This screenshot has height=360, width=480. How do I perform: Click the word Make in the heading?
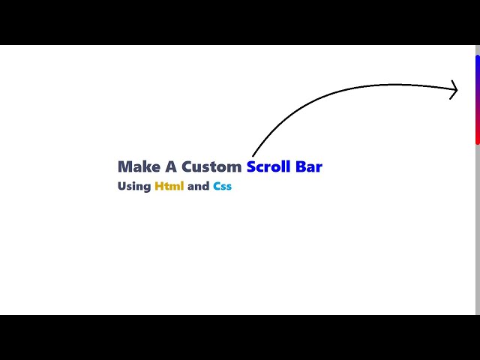(x=135, y=166)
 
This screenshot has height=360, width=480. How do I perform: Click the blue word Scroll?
(x=268, y=166)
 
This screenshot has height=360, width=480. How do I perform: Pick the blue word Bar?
(x=309, y=166)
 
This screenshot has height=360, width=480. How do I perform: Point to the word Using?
(x=134, y=187)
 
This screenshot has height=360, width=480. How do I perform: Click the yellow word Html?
(x=169, y=186)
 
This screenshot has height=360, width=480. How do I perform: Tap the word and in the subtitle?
(x=198, y=186)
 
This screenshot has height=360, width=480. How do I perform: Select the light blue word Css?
(x=222, y=186)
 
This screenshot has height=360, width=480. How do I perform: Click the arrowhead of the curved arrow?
(x=455, y=90)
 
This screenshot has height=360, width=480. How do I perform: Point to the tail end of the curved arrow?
(x=253, y=155)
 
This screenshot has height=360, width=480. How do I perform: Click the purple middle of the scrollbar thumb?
(x=477, y=99)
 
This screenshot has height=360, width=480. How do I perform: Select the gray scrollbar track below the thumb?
(x=477, y=225)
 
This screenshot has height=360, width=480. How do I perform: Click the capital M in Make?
(x=124, y=166)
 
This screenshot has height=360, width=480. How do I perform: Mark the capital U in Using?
(x=121, y=187)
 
